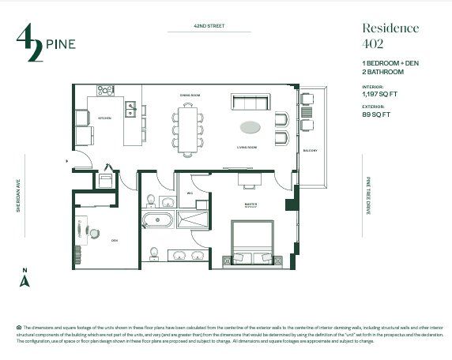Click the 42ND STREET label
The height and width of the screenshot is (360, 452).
209,26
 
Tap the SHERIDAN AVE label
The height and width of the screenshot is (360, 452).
17,194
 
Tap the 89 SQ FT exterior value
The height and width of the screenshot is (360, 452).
379,114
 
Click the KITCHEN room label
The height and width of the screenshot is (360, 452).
105,118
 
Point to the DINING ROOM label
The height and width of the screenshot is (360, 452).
190,95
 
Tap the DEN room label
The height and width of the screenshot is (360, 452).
114,240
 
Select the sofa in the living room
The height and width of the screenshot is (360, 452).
251,103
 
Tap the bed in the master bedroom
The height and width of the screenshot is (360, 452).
251,241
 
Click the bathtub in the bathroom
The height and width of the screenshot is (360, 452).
158,219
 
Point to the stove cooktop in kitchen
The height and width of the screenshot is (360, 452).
107,89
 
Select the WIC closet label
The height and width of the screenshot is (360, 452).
190,193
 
